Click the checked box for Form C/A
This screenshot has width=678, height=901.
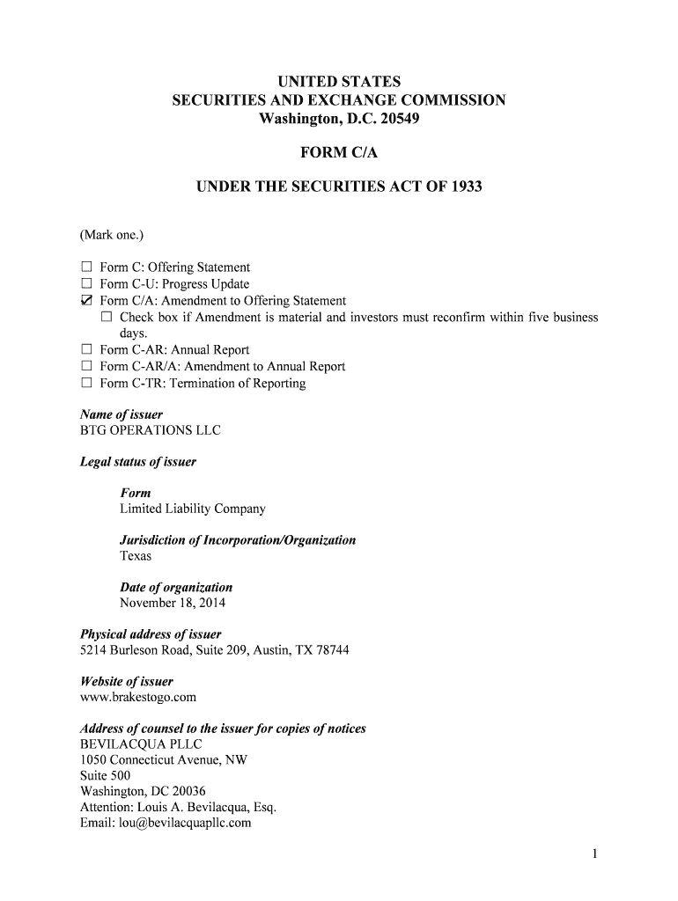86,301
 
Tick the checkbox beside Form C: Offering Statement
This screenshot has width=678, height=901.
86,267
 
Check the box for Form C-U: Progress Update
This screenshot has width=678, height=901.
86,284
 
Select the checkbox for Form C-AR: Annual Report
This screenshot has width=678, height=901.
86,350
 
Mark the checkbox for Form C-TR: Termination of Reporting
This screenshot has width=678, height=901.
86,384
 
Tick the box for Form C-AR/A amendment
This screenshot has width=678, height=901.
86,367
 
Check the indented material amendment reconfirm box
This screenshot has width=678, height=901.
107,318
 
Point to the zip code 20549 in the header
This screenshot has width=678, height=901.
402,118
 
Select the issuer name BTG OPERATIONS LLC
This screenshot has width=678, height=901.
151,430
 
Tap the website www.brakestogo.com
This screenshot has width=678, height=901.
138,697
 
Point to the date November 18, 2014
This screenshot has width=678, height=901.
173,604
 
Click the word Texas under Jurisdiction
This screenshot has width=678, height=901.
136,556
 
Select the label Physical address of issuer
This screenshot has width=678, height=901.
151,634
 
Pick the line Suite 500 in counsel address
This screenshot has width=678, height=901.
105,775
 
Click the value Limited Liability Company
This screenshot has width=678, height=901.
192,509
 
